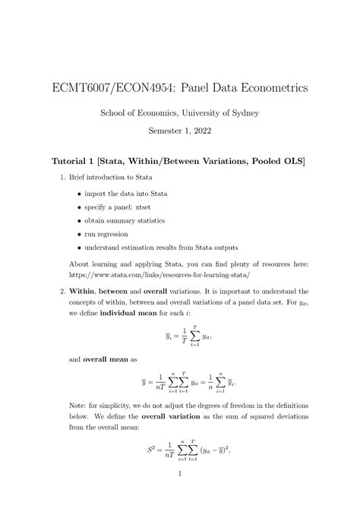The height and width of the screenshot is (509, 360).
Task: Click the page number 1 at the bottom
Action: tap(180, 498)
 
